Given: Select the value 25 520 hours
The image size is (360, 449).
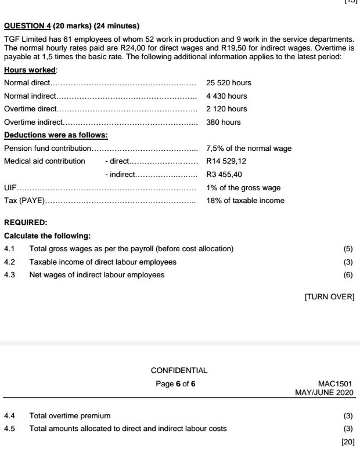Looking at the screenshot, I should pyautogui.click(x=229, y=83).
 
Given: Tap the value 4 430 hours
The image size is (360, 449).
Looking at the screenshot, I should pyautogui.click(x=226, y=96).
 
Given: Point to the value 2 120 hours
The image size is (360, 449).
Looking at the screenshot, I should pyautogui.click(x=226, y=109).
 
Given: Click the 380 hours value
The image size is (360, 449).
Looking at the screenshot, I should pyautogui.click(x=224, y=122).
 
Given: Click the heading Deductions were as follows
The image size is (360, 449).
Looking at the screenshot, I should pyautogui.click(x=56, y=135).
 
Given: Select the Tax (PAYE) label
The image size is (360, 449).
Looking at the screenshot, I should pyautogui.click(x=24, y=201).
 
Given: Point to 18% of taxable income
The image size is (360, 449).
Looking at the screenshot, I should pyautogui.click(x=245, y=201).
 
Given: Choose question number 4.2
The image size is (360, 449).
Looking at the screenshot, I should pyautogui.click(x=10, y=262).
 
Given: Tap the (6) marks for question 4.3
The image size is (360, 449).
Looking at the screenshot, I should pyautogui.click(x=348, y=275).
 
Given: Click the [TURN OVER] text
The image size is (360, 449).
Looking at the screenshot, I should pyautogui.click(x=329, y=297).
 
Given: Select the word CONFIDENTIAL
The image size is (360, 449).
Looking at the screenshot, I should pyautogui.click(x=179, y=370).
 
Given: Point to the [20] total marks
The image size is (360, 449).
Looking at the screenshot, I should pyautogui.click(x=347, y=442).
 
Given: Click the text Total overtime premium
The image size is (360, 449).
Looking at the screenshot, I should pyautogui.click(x=70, y=416).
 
